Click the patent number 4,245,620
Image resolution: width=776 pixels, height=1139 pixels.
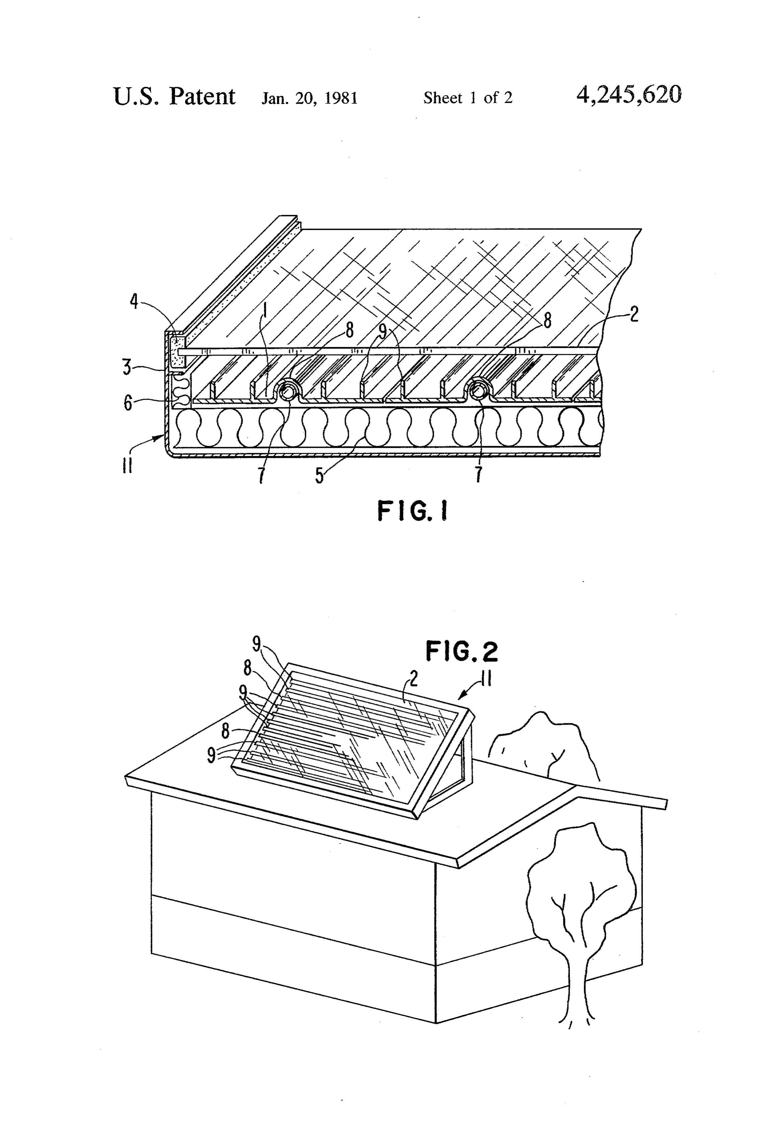(x=629, y=95)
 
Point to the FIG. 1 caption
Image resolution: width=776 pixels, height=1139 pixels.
(x=412, y=511)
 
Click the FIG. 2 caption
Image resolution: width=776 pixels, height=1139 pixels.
(x=461, y=651)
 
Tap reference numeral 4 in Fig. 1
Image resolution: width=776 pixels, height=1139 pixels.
(x=134, y=301)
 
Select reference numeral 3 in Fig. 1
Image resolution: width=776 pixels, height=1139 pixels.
(x=127, y=367)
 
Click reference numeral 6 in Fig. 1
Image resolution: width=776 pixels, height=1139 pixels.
(x=127, y=403)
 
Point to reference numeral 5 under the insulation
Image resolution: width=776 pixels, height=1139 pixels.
(x=319, y=475)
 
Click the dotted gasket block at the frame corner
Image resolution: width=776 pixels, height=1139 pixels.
(x=177, y=351)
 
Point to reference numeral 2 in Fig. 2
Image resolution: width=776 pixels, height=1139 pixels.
(x=414, y=679)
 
